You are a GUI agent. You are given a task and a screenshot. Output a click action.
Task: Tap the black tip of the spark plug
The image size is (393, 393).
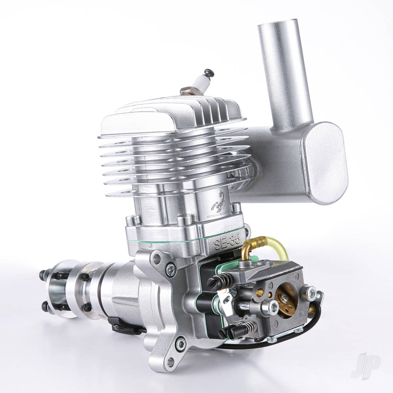(209, 72)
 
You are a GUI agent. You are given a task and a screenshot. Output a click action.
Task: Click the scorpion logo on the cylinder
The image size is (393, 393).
(218, 201)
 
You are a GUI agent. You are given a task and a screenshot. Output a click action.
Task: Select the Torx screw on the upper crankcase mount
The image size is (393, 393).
(170, 270)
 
